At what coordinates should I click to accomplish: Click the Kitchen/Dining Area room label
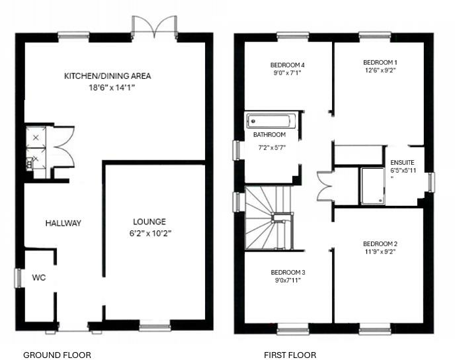(107, 76)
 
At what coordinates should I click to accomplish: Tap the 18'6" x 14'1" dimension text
(107, 87)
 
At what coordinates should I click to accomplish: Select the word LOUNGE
(149, 222)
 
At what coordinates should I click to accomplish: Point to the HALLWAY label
(63, 223)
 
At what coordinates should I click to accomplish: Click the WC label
(39, 277)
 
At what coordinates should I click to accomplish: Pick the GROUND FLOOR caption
(57, 355)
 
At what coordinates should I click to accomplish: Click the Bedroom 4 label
(288, 65)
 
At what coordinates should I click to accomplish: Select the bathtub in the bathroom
(272, 121)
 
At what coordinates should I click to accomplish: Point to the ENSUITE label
(402, 162)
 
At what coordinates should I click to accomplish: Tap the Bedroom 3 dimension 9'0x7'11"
(288, 280)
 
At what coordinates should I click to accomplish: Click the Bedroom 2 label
(380, 244)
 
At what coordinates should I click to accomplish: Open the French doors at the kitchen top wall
(154, 28)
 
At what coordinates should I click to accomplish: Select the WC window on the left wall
(19, 277)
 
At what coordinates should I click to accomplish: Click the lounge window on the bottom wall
(155, 325)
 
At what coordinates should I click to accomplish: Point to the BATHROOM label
(269, 135)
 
